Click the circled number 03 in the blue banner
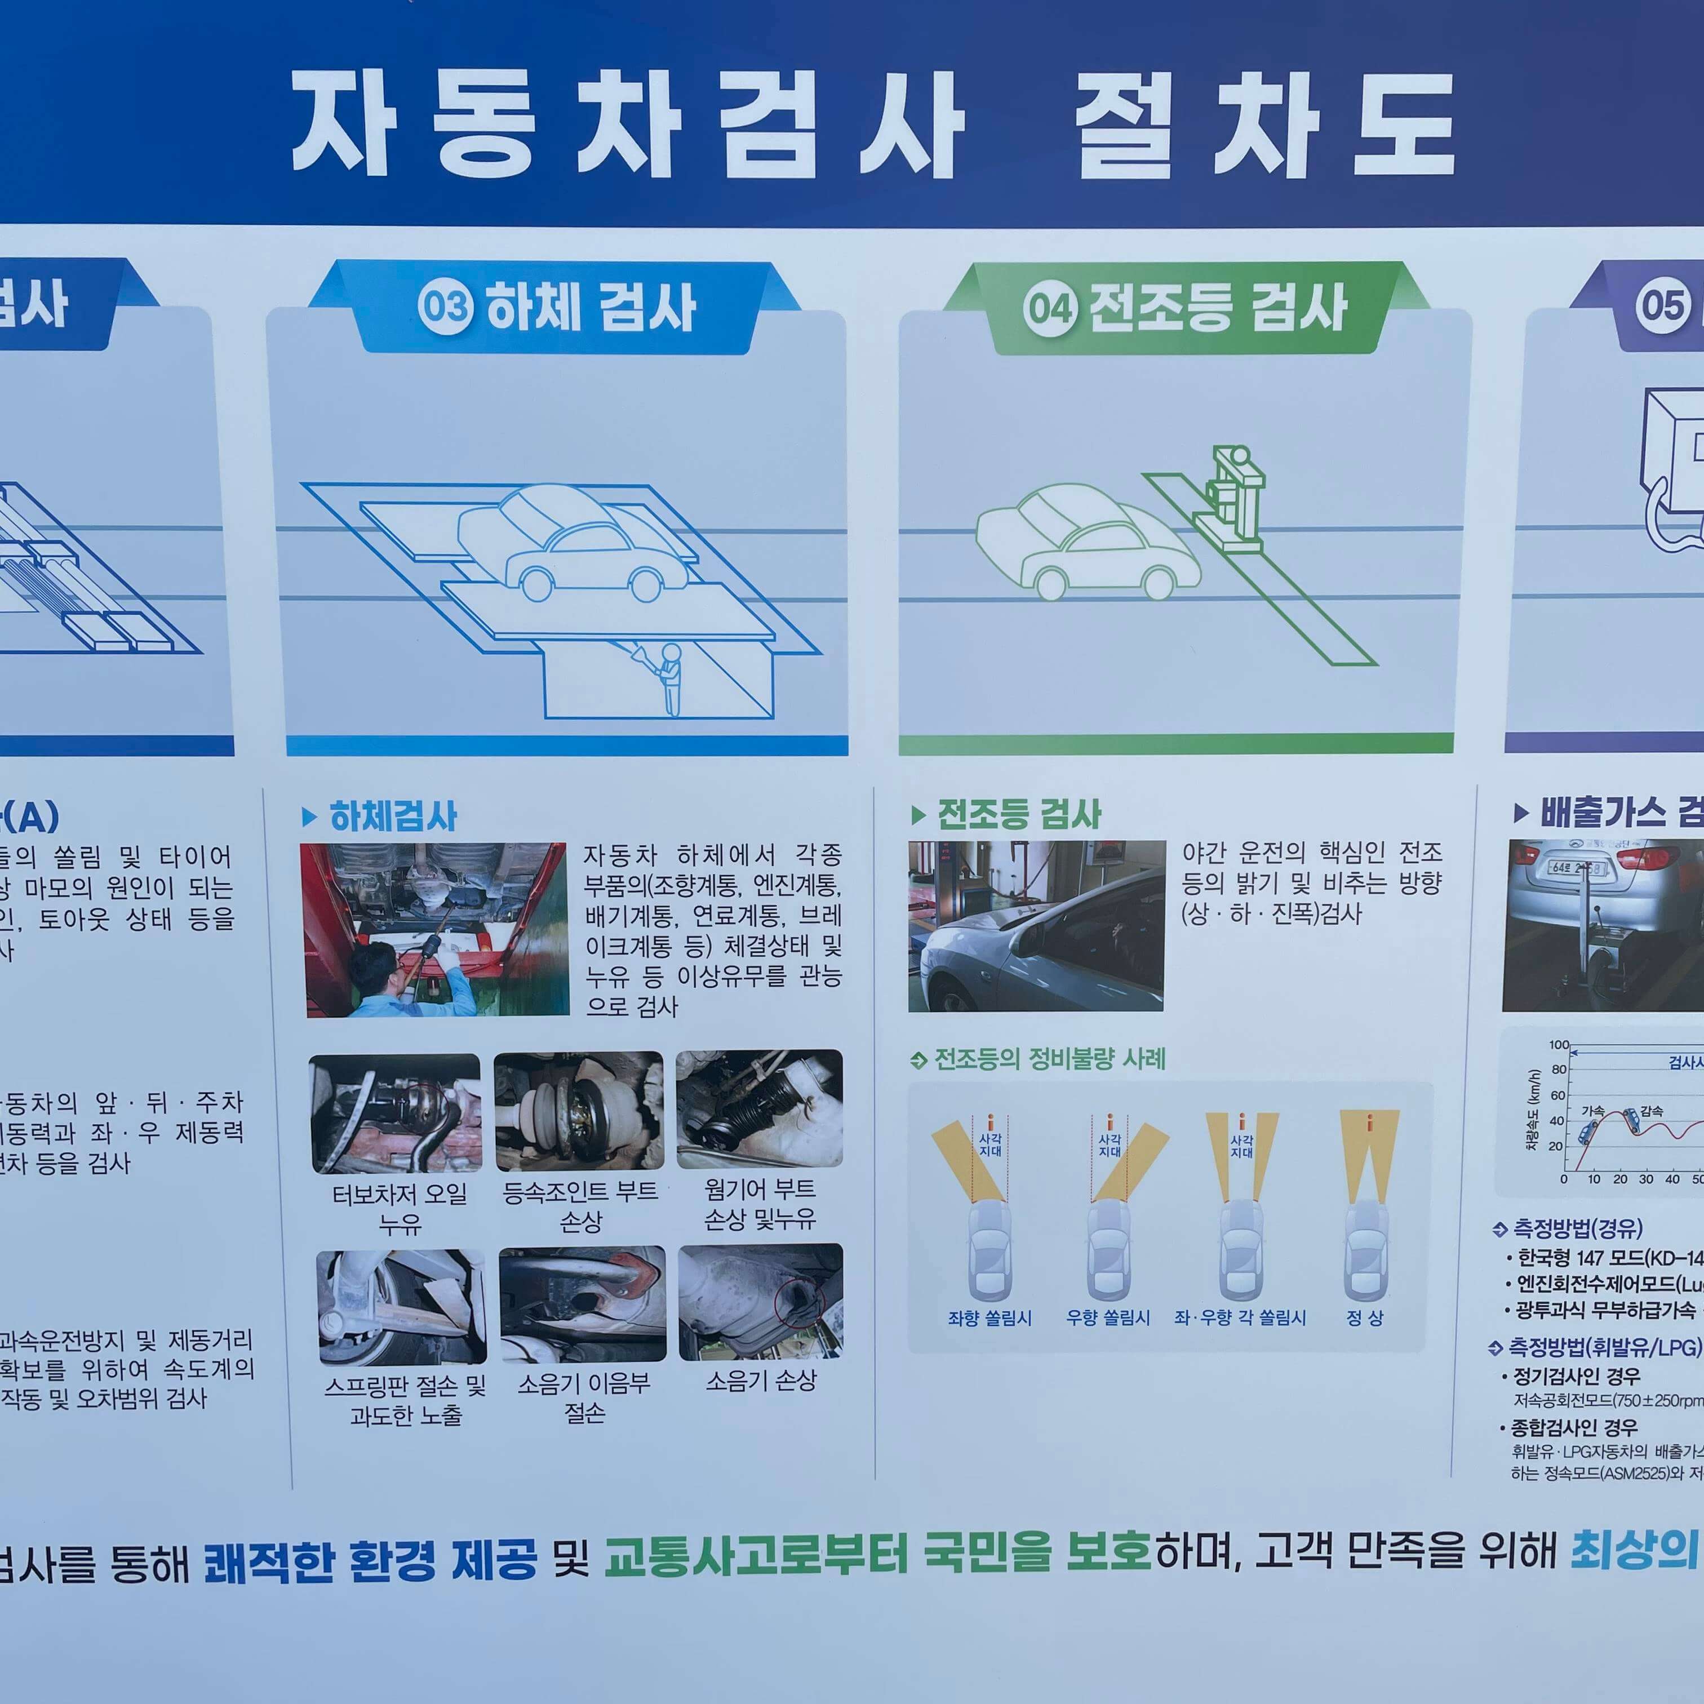(x=445, y=307)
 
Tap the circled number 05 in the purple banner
(x=1662, y=306)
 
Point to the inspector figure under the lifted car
(x=671, y=677)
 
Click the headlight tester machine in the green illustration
(x=1235, y=498)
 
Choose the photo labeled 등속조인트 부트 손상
(x=579, y=1111)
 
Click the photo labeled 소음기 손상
(x=760, y=1302)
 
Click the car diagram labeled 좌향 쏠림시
(x=989, y=1253)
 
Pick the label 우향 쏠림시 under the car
(x=1108, y=1317)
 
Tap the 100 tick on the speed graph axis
(x=1559, y=1045)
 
